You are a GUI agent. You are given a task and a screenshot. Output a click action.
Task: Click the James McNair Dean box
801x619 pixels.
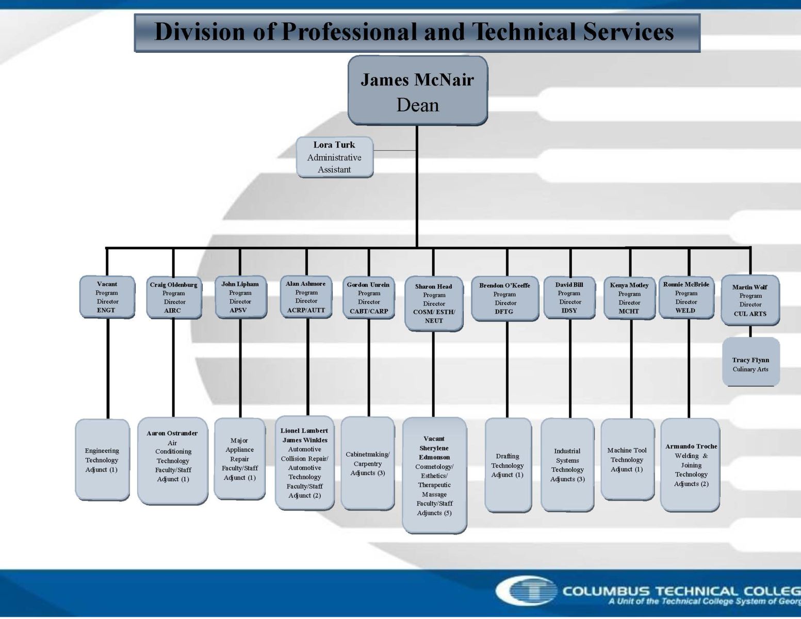(x=418, y=91)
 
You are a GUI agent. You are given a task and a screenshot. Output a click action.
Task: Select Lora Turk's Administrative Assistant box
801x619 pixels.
(x=335, y=157)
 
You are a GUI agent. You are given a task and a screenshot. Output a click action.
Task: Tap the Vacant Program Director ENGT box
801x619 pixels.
(x=107, y=297)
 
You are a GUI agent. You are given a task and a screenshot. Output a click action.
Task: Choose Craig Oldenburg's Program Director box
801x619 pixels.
(x=174, y=298)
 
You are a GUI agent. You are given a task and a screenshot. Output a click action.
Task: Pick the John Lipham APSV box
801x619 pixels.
(x=240, y=297)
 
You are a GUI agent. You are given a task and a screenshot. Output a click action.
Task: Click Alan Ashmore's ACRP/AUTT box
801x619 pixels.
(x=306, y=297)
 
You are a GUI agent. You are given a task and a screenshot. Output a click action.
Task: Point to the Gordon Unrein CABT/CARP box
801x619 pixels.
(x=368, y=298)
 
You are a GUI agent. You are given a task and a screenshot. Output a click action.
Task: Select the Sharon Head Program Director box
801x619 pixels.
(x=434, y=303)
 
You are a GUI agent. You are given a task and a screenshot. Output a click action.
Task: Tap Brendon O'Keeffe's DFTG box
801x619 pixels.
(x=504, y=298)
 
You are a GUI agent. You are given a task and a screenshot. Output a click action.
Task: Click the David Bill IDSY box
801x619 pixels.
(x=569, y=297)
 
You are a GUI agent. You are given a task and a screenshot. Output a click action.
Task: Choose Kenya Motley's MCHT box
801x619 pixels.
(x=629, y=298)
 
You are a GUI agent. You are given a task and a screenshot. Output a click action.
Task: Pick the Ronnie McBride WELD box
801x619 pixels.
(x=686, y=297)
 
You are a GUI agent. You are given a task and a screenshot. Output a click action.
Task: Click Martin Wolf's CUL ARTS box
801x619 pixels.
(x=750, y=300)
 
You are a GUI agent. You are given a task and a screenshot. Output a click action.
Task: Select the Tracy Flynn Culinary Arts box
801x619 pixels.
(x=751, y=362)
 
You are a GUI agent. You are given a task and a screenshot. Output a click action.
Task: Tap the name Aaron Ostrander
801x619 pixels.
(x=172, y=433)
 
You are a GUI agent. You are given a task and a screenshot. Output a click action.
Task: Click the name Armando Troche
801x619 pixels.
(x=691, y=446)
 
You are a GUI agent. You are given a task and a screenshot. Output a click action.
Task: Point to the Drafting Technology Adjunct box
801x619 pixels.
(x=508, y=465)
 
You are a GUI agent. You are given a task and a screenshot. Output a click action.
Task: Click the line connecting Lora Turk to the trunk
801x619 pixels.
(x=395, y=151)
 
